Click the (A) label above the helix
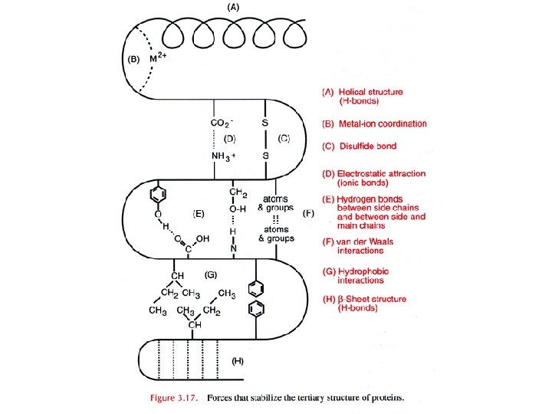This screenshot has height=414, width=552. point(232,7)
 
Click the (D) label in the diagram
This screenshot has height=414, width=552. point(229,140)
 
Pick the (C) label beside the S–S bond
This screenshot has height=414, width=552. point(284,139)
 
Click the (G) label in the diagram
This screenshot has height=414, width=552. point(212,274)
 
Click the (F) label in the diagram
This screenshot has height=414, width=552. point(310,212)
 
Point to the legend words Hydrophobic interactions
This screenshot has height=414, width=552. point(368,276)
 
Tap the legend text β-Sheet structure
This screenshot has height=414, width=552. point(375,299)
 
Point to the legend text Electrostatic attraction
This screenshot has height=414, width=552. point(381,174)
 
